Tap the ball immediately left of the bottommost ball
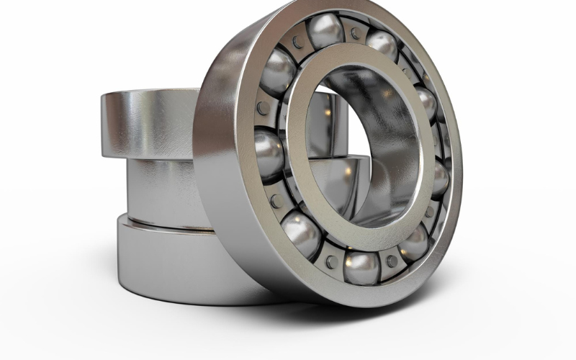301,233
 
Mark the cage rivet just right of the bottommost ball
392,261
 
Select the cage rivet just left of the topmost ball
297,45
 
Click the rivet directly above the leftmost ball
264,108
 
